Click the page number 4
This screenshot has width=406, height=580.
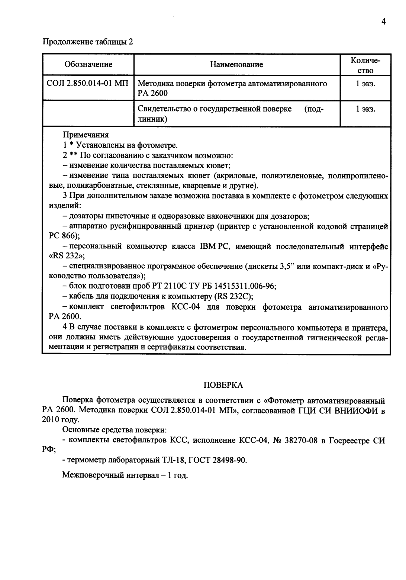(383, 22)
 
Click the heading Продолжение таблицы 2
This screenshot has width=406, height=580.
(88, 42)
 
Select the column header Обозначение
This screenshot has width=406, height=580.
(88, 65)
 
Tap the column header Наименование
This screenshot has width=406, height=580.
(236, 65)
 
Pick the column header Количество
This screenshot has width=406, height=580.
(365, 65)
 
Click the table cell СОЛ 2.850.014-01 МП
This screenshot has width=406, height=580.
(88, 84)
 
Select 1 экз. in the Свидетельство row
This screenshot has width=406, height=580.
(365, 109)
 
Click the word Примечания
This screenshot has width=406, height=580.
(86, 135)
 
